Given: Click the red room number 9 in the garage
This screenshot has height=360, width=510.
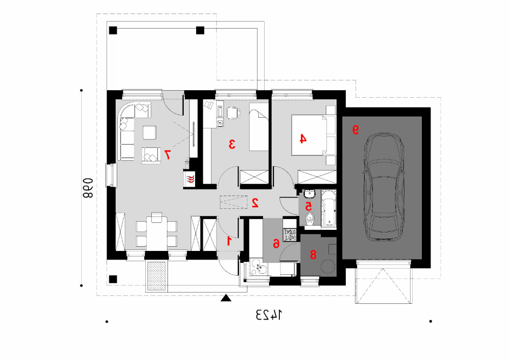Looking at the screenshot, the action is pyautogui.click(x=356, y=130).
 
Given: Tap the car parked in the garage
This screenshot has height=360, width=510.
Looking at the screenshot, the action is pyautogui.click(x=384, y=187).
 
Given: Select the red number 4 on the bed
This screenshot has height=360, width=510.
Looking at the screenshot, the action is pyautogui.click(x=303, y=139).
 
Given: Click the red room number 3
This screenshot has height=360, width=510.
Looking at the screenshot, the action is pyautogui.click(x=232, y=144).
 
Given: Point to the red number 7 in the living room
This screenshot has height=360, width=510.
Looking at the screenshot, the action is pyautogui.click(x=167, y=155).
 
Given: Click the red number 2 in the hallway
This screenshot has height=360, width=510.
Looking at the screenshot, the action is pyautogui.click(x=255, y=203).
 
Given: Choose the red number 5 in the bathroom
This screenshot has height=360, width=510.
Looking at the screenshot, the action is pyautogui.click(x=308, y=206).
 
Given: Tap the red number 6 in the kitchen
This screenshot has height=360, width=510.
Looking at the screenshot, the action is pyautogui.click(x=276, y=243).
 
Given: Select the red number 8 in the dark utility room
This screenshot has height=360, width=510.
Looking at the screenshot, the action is pyautogui.click(x=313, y=254).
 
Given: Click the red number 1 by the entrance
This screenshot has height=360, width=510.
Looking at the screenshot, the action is pyautogui.click(x=229, y=241).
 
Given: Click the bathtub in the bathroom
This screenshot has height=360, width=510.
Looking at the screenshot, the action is pyautogui.click(x=328, y=208).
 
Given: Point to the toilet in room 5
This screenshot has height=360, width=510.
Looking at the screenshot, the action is pyautogui.click(x=310, y=219).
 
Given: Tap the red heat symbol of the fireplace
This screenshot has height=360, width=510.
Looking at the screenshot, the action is pyautogui.click(x=189, y=179).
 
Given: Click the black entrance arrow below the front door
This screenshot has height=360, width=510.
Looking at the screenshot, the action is pyautogui.click(x=226, y=298).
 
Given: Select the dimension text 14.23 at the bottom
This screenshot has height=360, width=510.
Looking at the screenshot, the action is pyautogui.click(x=269, y=315).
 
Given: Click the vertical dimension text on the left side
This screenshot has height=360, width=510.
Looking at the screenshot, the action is pyautogui.click(x=88, y=188).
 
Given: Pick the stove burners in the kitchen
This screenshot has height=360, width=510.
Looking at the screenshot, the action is pyautogui.click(x=290, y=235).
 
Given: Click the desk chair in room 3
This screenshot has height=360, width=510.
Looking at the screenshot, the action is pyautogui.click(x=233, y=113).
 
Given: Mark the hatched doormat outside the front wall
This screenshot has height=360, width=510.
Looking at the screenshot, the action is pyautogui.click(x=157, y=275).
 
